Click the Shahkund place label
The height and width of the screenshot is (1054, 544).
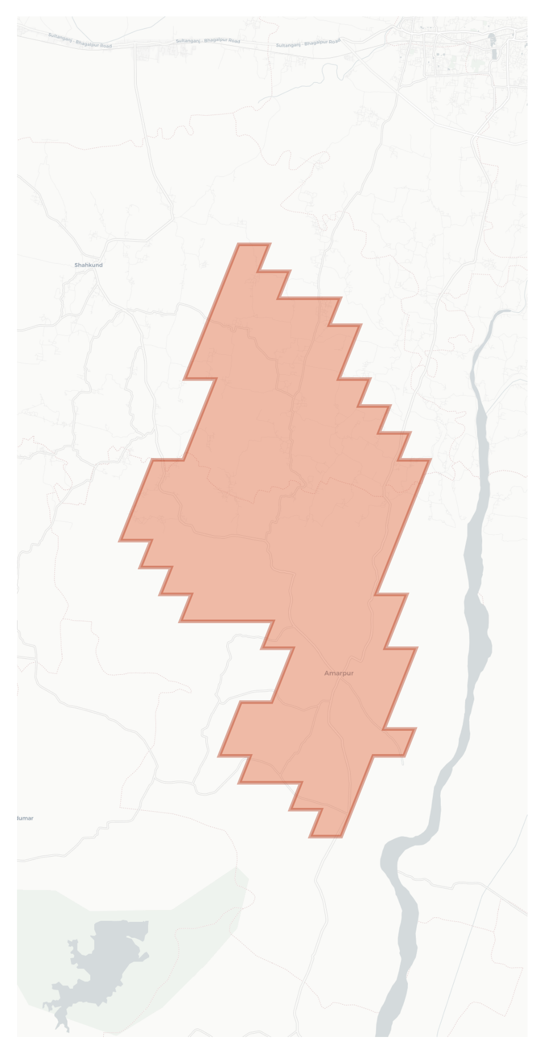point(88,265)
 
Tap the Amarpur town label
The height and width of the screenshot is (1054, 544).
point(339,673)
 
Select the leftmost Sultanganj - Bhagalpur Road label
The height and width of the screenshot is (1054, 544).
point(80,40)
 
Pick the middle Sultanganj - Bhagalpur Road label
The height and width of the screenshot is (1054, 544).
point(208,41)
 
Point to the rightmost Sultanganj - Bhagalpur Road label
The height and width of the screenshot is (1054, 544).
point(308,43)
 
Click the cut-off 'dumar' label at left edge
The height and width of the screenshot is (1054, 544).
point(25,818)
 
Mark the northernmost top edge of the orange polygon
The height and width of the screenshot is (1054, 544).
point(254,244)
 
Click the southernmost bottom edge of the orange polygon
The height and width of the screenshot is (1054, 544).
point(326,836)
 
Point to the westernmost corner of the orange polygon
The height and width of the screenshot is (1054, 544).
point(120,540)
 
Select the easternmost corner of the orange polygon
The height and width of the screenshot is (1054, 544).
point(430,460)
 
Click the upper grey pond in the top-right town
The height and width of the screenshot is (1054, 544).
point(491,39)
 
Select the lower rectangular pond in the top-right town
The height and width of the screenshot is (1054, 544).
point(496,54)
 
